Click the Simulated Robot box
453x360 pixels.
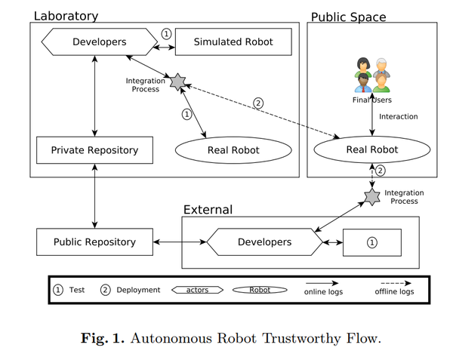[233, 42]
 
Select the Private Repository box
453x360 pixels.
[94, 150]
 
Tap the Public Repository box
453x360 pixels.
[94, 242]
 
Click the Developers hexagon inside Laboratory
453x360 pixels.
[100, 42]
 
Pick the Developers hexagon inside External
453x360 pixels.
[265, 242]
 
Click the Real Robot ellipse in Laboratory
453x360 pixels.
[233, 150]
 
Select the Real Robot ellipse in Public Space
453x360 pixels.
[372, 149]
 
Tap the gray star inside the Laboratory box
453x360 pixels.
[177, 82]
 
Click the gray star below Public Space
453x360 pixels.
[372, 197]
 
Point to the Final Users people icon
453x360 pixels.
[372, 75]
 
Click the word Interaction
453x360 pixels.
[399, 117]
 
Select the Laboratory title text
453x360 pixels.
[66, 16]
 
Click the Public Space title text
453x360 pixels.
[348, 17]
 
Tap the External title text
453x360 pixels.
[208, 210]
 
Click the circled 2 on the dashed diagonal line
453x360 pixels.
[258, 103]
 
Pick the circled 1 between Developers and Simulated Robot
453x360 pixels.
[166, 34]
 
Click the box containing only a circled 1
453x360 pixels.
[372, 242]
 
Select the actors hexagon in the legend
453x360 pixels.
[197, 290]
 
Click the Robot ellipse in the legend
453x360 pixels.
[260, 290]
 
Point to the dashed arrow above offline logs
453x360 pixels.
[396, 283]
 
